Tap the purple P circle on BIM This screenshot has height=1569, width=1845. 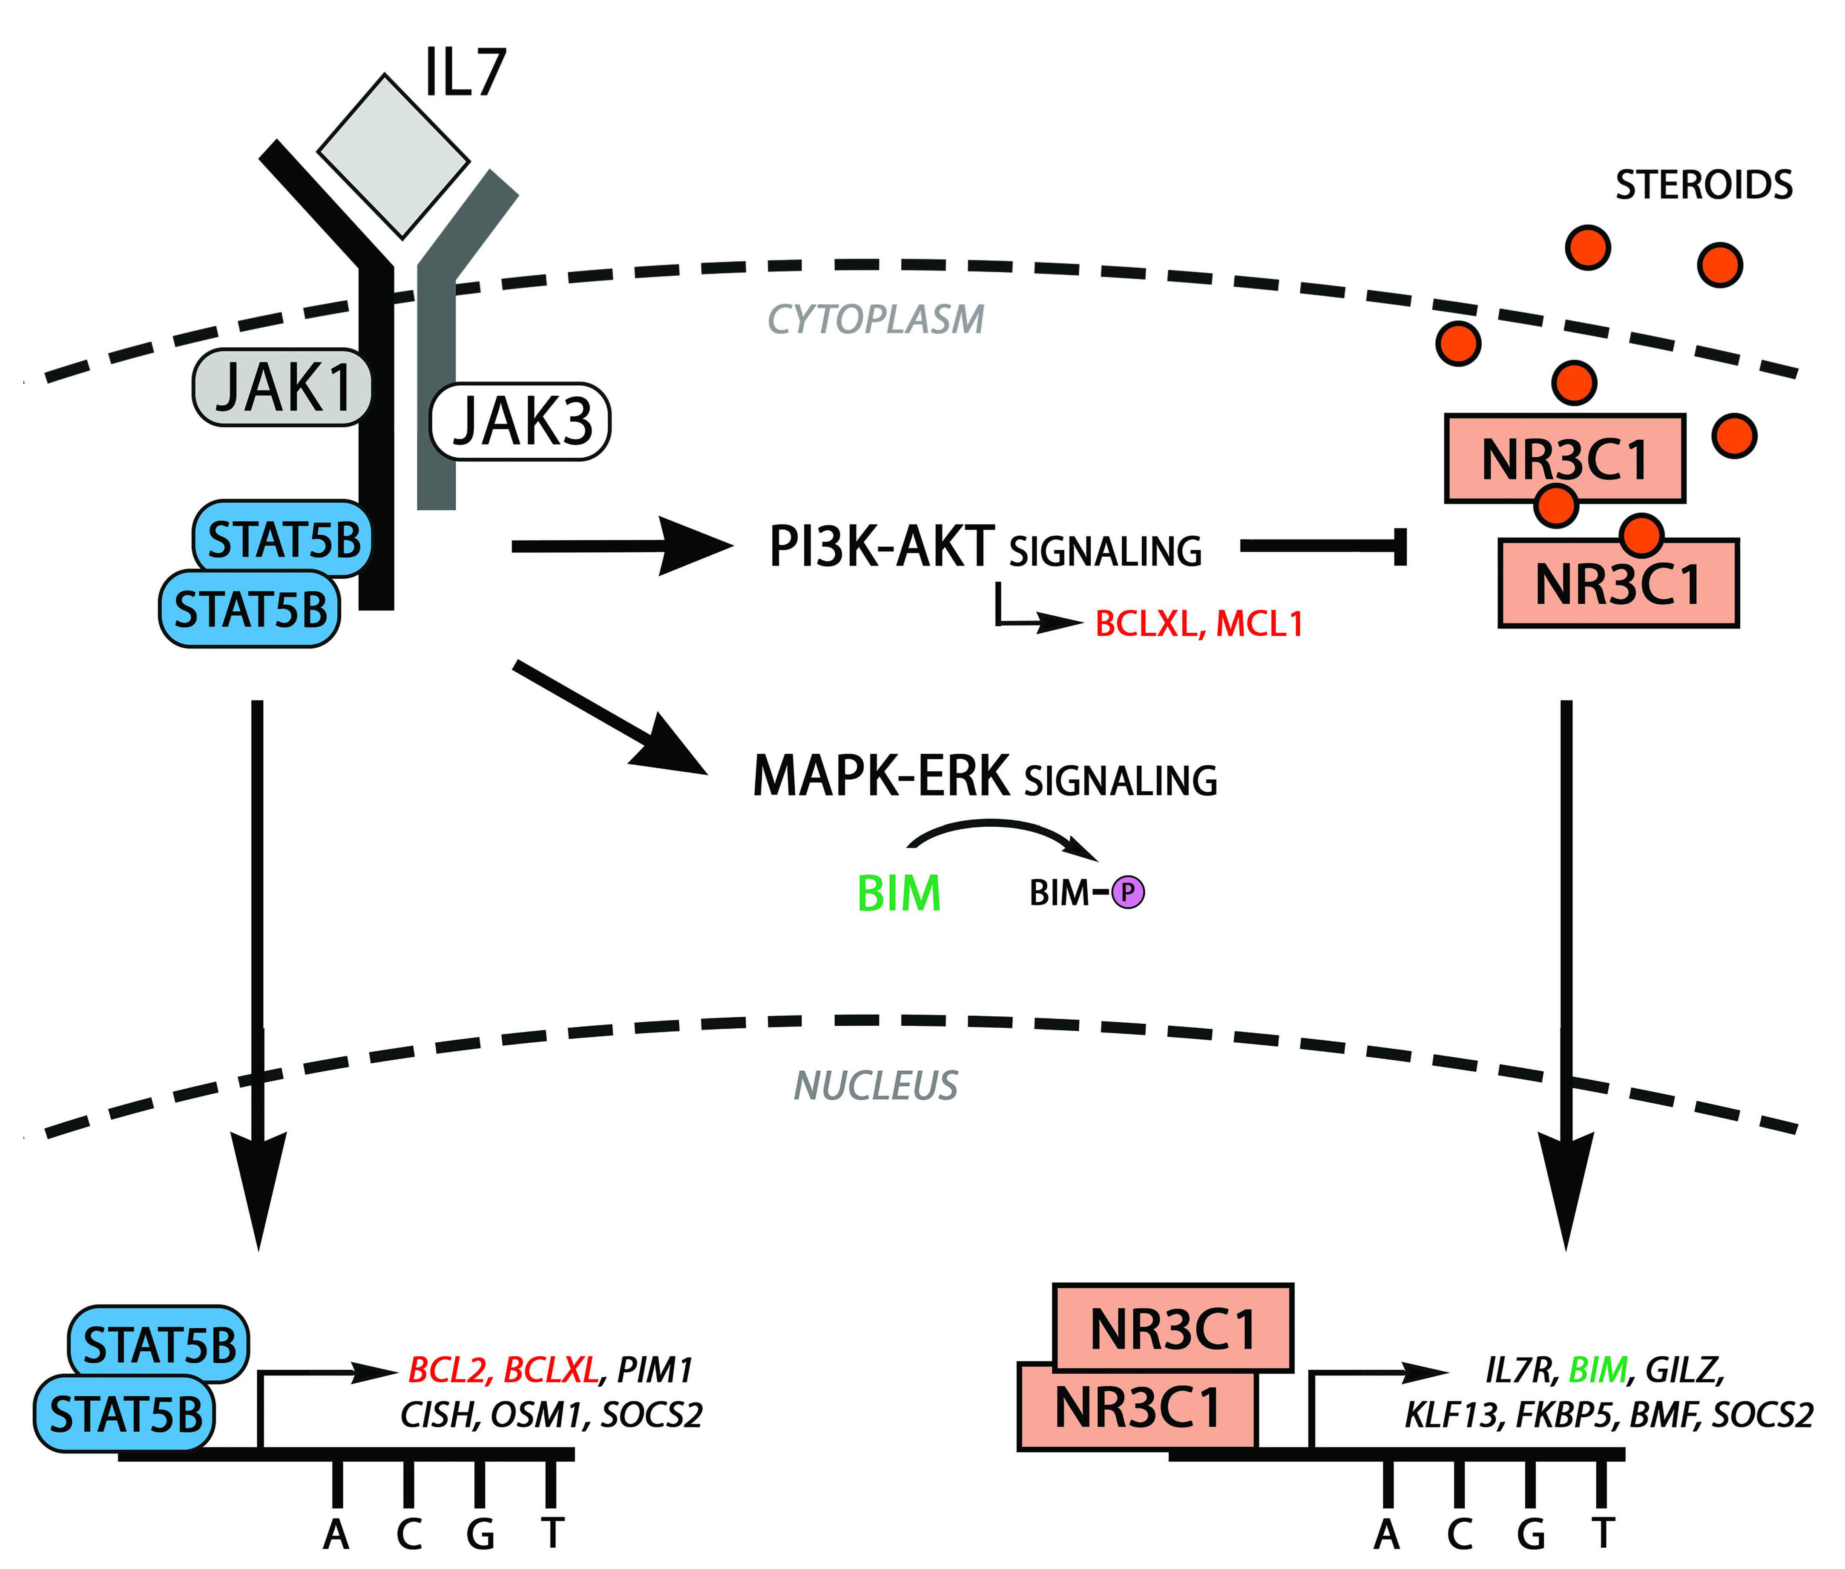[x=1128, y=892]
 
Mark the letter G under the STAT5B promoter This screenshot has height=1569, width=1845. [x=480, y=1534]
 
